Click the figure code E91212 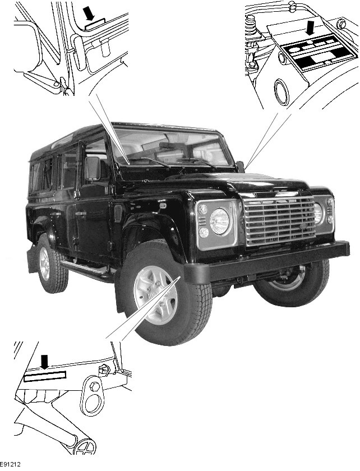pos(10,465)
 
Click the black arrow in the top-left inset pos(89,13)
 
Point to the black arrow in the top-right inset pos(310,26)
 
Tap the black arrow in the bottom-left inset pos(44,361)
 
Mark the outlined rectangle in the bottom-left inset pos(45,376)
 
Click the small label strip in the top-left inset pos(95,24)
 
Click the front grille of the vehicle pos(279,220)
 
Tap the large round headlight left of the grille pos(219,221)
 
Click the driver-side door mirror pos(93,169)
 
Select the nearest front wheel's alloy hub pos(155,295)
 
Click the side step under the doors pos(86,270)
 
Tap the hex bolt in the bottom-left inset pos(94,386)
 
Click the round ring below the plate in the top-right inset pos(281,92)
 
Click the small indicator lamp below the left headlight pos(204,232)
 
